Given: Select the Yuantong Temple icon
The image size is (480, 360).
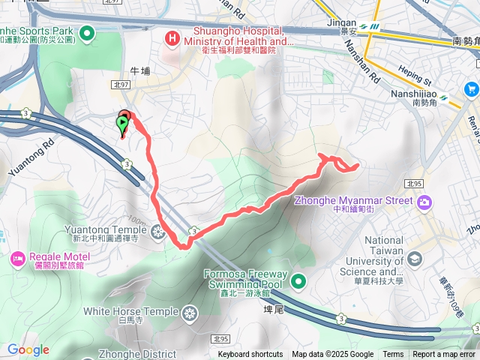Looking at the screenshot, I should point(157,232).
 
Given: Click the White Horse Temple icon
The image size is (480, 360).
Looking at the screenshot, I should point(190,312).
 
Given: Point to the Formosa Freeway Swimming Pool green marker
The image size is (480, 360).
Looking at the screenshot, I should point(298,282).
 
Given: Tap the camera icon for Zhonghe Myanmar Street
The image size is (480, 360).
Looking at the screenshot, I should point(425,201).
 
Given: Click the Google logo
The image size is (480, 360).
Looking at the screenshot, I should point(28,349).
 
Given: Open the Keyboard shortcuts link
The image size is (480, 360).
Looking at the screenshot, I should point(250,355).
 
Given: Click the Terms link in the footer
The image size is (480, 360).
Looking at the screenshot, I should point(393,355).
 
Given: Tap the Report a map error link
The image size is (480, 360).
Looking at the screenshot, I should point(444,355).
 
